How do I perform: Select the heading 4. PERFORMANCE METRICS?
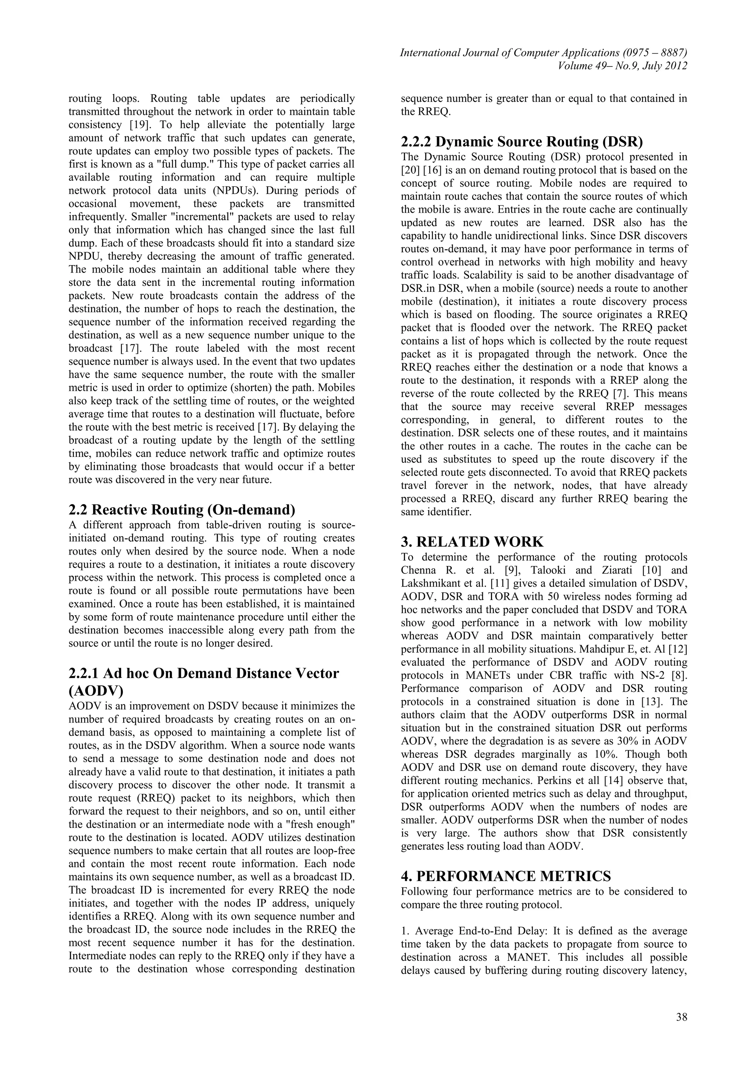[x=506, y=876]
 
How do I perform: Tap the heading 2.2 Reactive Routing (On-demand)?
[x=182, y=510]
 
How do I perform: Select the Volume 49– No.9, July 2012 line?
[x=622, y=66]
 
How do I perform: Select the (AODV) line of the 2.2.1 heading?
[x=96, y=690]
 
